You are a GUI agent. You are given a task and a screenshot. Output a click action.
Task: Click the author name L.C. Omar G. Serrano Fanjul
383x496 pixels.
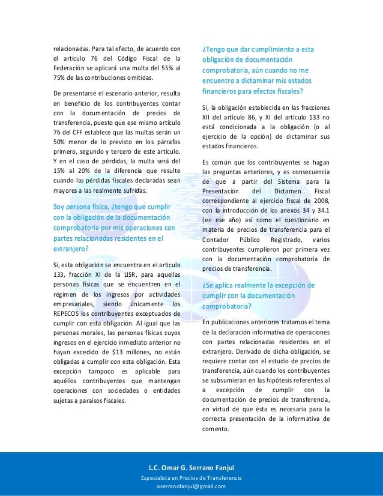click(x=191, y=467)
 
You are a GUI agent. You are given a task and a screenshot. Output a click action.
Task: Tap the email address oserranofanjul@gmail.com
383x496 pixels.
click(x=191, y=486)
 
